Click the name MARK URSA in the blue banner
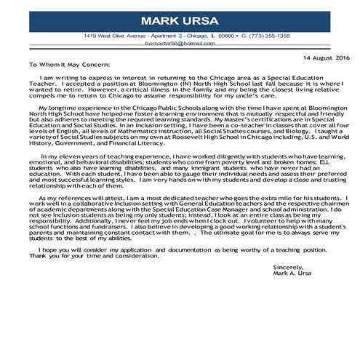180,19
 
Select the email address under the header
180,44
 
